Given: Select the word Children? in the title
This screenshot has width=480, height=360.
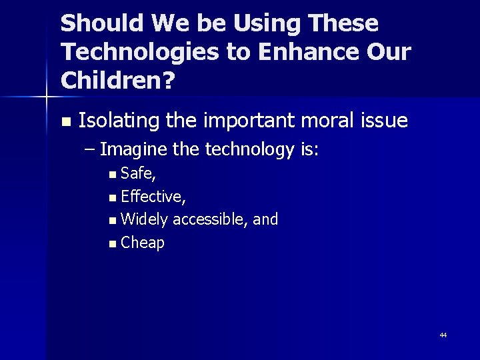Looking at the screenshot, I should [x=117, y=80].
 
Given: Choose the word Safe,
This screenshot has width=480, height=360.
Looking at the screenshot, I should [x=139, y=174].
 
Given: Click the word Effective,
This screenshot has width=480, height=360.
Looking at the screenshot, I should [x=153, y=197].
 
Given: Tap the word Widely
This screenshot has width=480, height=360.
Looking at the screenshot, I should [x=145, y=219].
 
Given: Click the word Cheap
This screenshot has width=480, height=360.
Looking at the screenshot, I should [x=143, y=243].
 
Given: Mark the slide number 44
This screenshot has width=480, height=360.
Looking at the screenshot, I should [x=443, y=335].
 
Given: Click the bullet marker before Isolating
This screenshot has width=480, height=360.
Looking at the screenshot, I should [x=65, y=122].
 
